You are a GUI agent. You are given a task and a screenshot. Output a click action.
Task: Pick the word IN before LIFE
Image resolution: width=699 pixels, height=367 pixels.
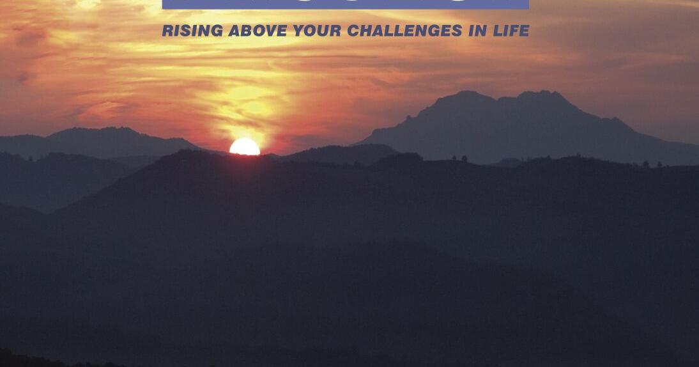[477, 31]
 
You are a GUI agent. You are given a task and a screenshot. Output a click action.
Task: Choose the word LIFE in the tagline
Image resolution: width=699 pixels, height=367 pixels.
[511, 31]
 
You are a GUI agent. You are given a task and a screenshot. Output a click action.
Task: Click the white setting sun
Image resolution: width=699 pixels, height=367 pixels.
[245, 148]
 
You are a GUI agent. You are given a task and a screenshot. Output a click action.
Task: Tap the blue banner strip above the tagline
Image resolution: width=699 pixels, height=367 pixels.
[345, 4]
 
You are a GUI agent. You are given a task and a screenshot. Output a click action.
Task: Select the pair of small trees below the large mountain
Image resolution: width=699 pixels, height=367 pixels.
[459, 158]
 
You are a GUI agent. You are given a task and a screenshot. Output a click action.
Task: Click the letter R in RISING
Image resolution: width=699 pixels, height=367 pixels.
[167, 31]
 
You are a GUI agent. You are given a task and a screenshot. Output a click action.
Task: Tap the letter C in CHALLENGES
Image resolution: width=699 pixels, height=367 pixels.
[353, 31]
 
